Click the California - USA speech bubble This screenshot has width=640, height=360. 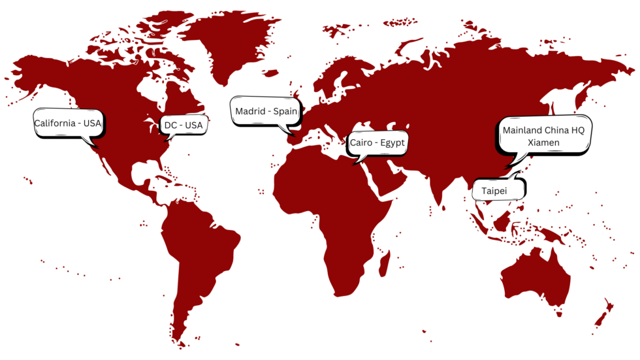click(69, 123)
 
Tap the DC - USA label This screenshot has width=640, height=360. click(184, 125)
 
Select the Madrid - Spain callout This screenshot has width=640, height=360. click(266, 111)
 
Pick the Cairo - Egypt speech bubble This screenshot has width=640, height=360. click(377, 142)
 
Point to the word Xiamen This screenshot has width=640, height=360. click(543, 142)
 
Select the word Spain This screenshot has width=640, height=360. click(285, 111)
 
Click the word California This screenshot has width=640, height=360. click(56, 123)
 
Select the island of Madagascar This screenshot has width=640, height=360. click(385, 262)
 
